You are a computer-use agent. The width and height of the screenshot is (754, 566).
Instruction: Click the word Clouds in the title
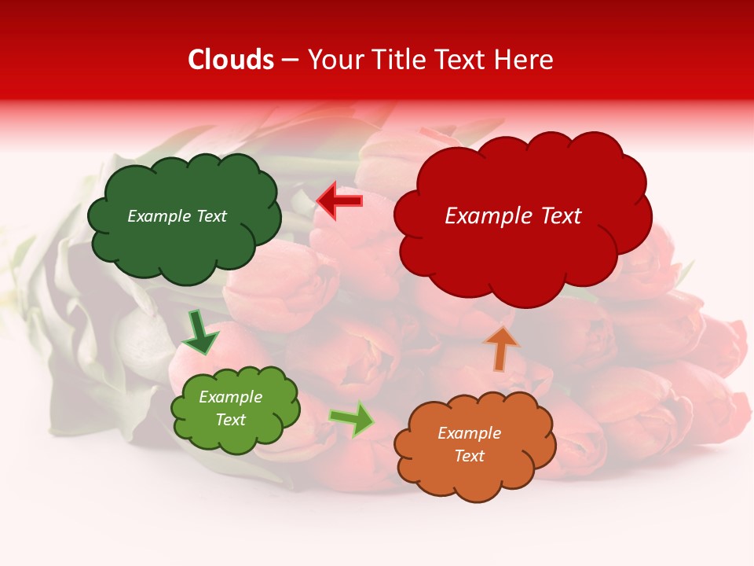tap(231, 60)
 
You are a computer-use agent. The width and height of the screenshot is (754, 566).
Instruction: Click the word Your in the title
tap(335, 60)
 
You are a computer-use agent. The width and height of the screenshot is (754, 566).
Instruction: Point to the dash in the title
tap(291, 61)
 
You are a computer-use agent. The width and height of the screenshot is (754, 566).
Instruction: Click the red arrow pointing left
tap(339, 201)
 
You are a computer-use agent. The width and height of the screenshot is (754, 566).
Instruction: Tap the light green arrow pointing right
tap(352, 418)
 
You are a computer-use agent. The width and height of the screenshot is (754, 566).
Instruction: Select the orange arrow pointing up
tap(501, 348)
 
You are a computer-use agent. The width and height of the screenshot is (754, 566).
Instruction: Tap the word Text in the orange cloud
tap(470, 456)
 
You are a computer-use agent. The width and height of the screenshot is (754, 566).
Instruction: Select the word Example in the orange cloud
tap(470, 433)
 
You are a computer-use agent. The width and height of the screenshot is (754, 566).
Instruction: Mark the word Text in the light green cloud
tap(231, 420)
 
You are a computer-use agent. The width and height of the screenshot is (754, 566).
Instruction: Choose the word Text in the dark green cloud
tap(210, 216)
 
